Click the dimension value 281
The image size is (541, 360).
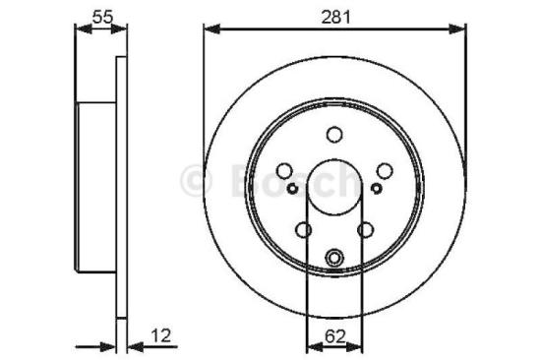pos(334,17)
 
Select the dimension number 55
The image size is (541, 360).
pos(100,16)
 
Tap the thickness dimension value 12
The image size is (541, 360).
pos(161,335)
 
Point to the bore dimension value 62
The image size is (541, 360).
pos(334,336)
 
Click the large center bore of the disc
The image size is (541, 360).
pos(334,187)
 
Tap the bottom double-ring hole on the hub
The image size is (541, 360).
pos(334,259)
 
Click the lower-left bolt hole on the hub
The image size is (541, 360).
pos(304,229)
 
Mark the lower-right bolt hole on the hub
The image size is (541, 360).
pos(366,229)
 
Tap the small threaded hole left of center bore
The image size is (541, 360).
pos(292,186)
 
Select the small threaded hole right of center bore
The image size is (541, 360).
pos(378,186)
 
